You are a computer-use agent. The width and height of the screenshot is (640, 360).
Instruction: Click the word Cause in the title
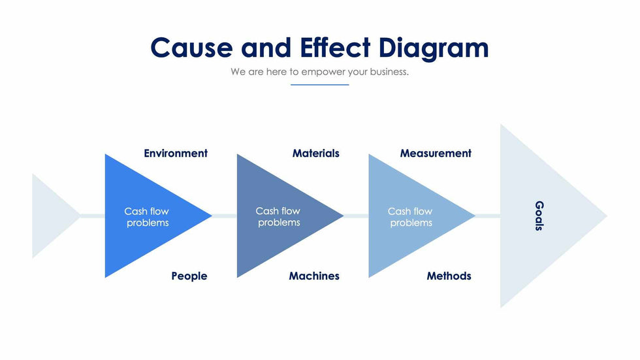tap(191, 48)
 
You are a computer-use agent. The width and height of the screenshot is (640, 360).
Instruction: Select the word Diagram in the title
tap(434, 50)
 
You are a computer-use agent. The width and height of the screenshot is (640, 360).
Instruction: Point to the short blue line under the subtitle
tap(319, 85)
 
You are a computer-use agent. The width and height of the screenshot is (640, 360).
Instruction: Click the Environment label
tap(176, 153)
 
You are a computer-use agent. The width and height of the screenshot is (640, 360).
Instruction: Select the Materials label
tap(315, 153)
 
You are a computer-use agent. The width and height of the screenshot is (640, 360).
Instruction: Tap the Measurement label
tap(436, 153)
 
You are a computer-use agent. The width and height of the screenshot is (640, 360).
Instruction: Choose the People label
tap(189, 276)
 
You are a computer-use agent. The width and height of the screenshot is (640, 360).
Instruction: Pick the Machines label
tap(314, 276)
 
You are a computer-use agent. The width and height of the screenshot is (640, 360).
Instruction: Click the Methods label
tap(449, 276)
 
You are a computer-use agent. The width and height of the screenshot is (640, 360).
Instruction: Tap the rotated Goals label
tap(539, 216)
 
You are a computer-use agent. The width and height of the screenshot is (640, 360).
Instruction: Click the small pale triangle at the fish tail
tap(48, 216)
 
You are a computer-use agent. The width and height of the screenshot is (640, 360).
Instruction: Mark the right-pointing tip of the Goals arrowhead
tap(607, 216)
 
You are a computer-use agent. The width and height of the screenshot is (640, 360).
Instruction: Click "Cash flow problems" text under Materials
tap(278, 217)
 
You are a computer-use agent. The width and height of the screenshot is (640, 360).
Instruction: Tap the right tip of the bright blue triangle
tap(212, 216)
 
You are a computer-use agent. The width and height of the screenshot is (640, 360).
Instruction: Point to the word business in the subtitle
tap(389, 72)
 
